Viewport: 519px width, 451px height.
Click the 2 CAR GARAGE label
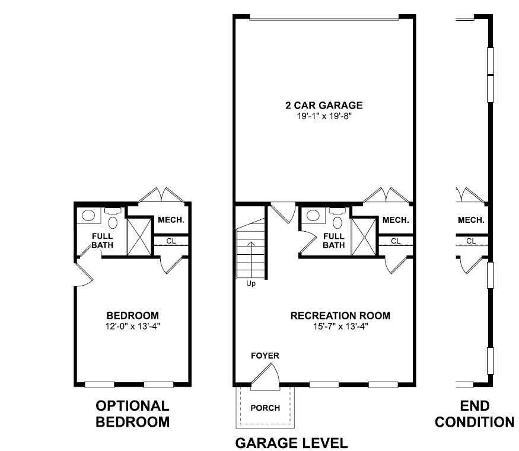click(324, 105)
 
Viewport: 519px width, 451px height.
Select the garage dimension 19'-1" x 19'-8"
click(324, 116)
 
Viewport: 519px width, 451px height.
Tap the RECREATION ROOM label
click(340, 315)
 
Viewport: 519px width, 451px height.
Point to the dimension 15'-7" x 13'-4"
click(340, 327)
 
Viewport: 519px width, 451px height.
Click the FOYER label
click(265, 356)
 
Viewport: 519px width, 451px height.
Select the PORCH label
click(265, 408)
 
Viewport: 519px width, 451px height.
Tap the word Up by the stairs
click(251, 284)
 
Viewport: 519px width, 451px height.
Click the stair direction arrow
click(251, 260)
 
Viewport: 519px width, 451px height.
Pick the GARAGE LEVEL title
click(291, 443)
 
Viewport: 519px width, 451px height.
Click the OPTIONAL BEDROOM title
click(132, 414)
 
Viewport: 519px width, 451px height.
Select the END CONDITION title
click(475, 414)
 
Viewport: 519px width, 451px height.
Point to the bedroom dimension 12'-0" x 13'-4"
click(132, 327)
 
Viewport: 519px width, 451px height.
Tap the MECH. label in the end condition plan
click(471, 220)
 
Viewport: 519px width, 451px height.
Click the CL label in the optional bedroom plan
click(171, 241)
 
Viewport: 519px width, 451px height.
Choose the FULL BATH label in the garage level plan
click(333, 241)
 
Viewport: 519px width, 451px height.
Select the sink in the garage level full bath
click(313, 216)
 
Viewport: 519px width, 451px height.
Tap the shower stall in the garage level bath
click(364, 237)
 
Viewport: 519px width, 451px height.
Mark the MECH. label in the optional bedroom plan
click(171, 220)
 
